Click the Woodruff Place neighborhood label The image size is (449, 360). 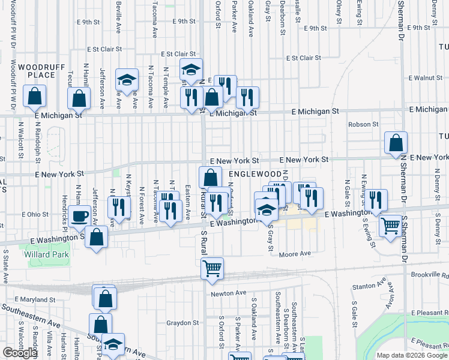pos(37,70)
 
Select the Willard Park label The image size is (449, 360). pos(46,254)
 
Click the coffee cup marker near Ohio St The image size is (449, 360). pos(79,217)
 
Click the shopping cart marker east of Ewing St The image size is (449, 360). pos(391,226)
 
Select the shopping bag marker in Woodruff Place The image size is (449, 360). pos(35,95)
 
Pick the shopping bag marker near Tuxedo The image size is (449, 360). pos(396,143)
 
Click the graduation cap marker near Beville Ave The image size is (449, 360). pos(127,80)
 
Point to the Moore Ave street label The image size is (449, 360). pos(295,254)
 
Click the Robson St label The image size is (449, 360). pos(364,124)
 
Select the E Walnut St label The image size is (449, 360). pos(425,78)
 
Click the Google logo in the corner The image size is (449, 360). pos(20,353)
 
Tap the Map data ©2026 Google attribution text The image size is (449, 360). pos(412,355)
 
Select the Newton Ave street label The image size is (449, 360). pos(229,293)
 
